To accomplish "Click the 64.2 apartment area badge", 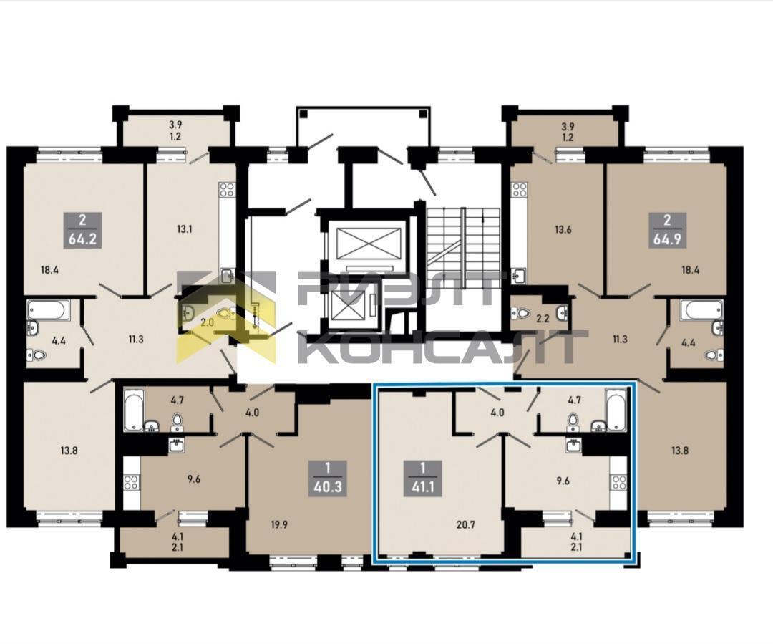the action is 82,231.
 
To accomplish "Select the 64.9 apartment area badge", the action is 667,231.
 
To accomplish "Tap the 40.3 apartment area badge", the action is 329,479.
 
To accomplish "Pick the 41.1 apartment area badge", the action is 422,479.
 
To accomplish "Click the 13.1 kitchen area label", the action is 184,229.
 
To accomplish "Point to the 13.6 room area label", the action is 563,229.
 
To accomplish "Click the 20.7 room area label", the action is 465,525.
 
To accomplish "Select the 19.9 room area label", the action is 279,525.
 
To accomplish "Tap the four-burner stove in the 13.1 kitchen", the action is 228,190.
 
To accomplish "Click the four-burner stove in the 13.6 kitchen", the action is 520,190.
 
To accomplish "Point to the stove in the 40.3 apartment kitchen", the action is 131,483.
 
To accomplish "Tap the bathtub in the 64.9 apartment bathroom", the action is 701,310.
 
